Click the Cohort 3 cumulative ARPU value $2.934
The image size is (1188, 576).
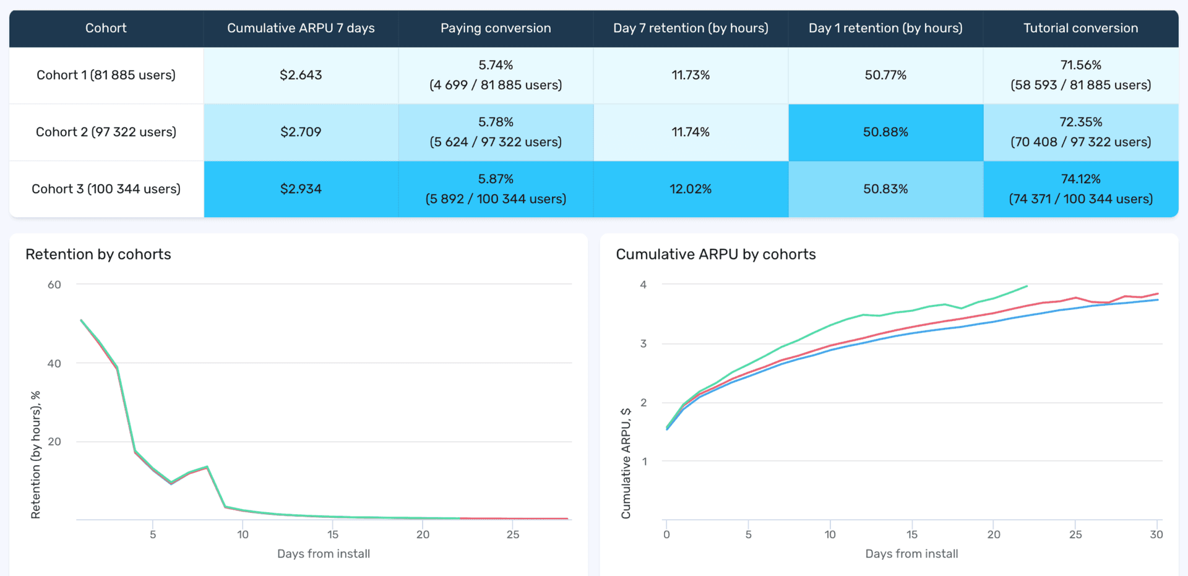(x=301, y=189)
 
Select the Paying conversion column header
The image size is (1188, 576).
(x=496, y=28)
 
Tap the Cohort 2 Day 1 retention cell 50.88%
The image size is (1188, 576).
(x=885, y=132)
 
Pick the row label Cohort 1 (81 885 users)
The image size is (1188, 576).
(x=106, y=75)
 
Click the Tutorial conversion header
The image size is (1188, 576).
(x=1080, y=28)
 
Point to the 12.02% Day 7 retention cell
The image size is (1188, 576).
(x=691, y=189)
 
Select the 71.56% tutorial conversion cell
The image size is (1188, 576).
(x=1080, y=75)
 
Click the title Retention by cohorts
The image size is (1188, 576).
(x=98, y=254)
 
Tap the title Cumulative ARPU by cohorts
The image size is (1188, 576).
(x=715, y=254)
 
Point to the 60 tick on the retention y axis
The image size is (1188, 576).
(x=54, y=285)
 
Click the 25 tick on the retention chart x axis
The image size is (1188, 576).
(x=513, y=535)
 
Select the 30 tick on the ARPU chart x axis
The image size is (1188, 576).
(x=1156, y=535)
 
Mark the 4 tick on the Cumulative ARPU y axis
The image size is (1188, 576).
(x=643, y=285)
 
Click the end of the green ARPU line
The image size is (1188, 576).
(x=1027, y=286)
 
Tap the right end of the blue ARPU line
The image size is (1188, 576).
(x=1158, y=300)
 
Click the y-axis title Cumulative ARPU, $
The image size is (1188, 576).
(x=626, y=463)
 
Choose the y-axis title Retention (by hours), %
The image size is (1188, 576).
(x=35, y=455)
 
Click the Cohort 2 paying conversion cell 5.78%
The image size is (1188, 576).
(x=496, y=132)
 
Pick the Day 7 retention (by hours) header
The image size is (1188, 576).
(x=691, y=28)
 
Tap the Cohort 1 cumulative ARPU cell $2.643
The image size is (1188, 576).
(x=301, y=75)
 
